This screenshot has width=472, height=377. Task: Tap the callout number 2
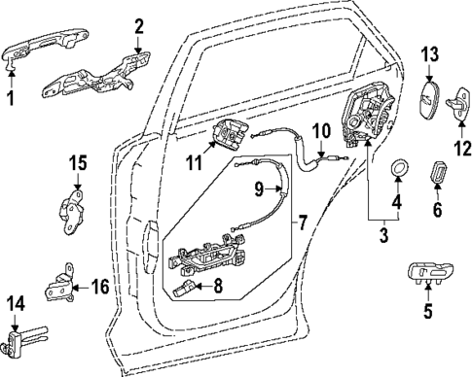point(139,26)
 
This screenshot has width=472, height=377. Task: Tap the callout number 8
point(217,287)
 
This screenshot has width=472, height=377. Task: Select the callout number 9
point(259,187)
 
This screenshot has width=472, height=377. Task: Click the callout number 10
point(321,129)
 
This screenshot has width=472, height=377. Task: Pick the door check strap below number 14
point(27,339)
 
